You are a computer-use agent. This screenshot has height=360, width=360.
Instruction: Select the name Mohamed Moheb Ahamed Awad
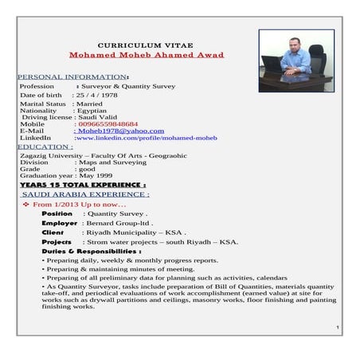[x=158, y=55]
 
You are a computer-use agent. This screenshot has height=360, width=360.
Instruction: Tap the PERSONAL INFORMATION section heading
[x=72, y=76]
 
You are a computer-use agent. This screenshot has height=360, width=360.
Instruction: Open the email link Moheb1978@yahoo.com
[x=119, y=131]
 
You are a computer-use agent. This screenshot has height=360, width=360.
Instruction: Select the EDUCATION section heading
[x=45, y=147]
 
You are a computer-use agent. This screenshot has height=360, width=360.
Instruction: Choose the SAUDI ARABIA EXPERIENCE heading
[x=85, y=194]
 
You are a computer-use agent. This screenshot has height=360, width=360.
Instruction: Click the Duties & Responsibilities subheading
[x=91, y=251]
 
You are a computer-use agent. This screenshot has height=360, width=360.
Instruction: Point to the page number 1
[x=338, y=328]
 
